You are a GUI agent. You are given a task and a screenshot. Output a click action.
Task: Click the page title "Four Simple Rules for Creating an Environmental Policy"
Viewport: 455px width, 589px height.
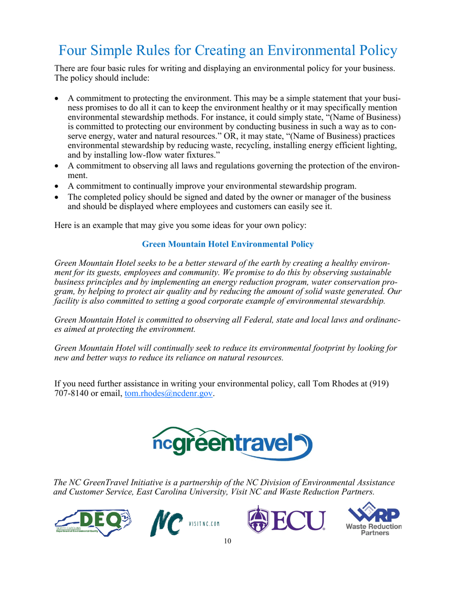click(227, 50)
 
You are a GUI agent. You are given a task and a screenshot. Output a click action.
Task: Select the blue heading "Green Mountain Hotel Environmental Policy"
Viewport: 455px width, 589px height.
click(228, 244)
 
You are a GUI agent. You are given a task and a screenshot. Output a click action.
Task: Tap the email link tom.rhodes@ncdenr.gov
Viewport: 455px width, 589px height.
click(169, 394)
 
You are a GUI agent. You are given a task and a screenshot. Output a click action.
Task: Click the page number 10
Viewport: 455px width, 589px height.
click(227, 542)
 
